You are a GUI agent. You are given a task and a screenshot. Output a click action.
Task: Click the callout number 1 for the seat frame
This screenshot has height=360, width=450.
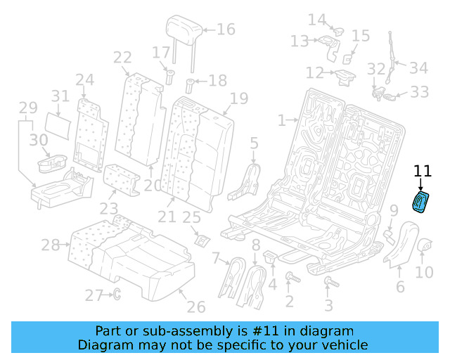click(x=282, y=120)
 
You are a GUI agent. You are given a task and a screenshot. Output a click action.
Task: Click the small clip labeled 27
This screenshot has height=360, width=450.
click(x=116, y=294)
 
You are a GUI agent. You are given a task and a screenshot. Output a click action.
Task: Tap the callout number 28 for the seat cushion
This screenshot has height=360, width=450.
click(x=51, y=245)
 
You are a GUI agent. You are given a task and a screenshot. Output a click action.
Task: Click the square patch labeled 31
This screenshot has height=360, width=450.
click(x=63, y=124)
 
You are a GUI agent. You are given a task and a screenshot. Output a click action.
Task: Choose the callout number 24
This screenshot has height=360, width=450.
click(x=85, y=79)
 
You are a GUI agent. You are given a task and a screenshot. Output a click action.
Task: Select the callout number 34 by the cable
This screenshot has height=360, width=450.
click(x=419, y=68)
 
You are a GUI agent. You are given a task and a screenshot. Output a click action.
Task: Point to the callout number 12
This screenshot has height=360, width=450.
click(x=314, y=73)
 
